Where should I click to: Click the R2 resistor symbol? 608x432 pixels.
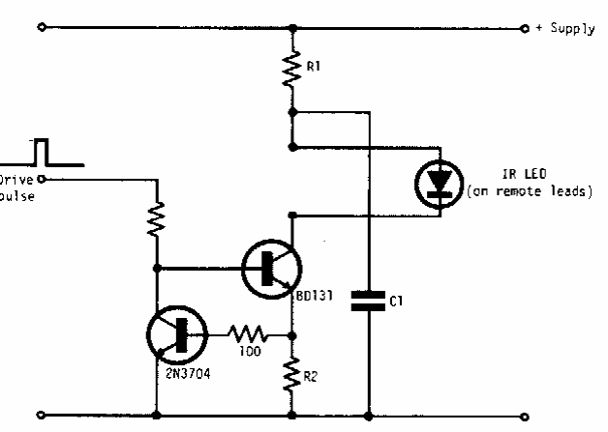[x=291, y=372]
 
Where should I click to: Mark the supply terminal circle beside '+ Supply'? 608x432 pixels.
[x=524, y=28]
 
